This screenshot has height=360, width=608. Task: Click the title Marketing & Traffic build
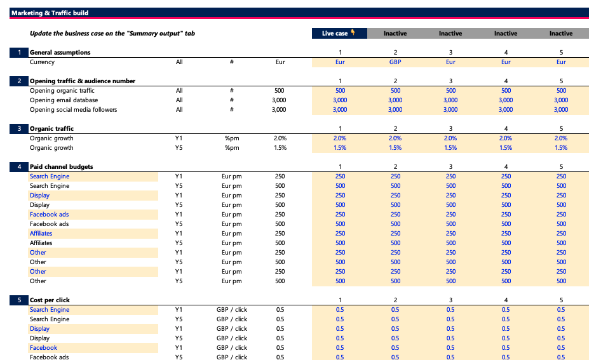click(x=50, y=13)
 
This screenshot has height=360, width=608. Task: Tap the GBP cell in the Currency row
click(x=395, y=62)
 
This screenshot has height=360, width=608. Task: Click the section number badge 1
click(x=19, y=52)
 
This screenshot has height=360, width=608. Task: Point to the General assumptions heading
click(x=60, y=52)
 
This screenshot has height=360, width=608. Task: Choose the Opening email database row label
click(x=64, y=100)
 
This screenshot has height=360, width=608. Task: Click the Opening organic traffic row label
click(x=62, y=91)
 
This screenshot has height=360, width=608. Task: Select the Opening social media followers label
click(x=73, y=110)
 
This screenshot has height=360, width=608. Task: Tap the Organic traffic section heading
click(x=51, y=129)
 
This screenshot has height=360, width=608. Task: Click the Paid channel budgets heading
click(x=61, y=167)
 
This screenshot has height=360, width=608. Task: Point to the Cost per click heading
click(x=50, y=300)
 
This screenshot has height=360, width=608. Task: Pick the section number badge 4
click(x=19, y=167)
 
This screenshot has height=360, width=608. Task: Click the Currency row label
click(x=42, y=62)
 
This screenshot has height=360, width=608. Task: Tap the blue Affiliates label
click(x=41, y=234)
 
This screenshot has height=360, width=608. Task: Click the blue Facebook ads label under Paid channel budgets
click(x=49, y=215)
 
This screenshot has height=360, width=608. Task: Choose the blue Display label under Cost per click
click(x=39, y=329)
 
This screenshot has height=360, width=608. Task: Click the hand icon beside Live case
click(x=353, y=33)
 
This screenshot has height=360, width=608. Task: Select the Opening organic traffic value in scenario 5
click(x=561, y=91)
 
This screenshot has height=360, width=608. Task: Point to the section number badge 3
click(x=19, y=129)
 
